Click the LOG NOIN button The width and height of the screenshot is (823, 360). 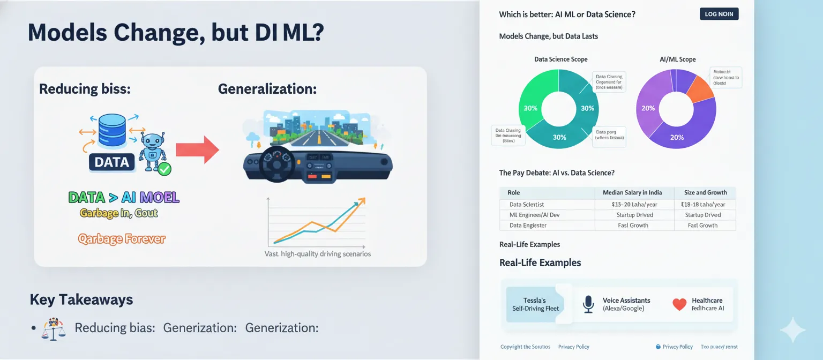coord(719,14)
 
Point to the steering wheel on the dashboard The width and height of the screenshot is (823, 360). coord(276,163)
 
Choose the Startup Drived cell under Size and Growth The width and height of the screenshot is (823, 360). coord(703,215)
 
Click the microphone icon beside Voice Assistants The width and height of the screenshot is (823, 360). coord(588,304)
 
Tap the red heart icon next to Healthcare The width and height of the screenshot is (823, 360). coord(679,304)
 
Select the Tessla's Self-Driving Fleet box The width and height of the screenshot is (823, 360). coord(535,304)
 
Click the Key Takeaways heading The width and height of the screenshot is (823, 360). coord(81,299)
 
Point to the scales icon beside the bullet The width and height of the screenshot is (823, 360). coord(54,329)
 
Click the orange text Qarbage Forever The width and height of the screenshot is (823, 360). coord(122,239)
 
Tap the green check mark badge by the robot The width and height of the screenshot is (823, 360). coord(164,169)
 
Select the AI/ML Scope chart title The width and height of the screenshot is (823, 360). coord(677,59)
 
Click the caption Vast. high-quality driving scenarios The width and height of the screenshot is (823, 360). coord(318,254)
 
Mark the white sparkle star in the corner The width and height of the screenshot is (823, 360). coord(792,330)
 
